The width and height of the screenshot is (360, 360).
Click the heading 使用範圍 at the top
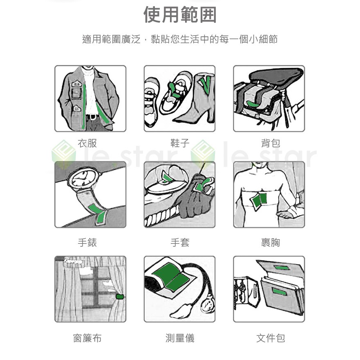[x=180, y=15]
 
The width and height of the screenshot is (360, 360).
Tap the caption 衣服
[x=87, y=143]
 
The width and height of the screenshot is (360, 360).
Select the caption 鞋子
[x=180, y=143]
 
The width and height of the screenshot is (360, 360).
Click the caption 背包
[x=271, y=143]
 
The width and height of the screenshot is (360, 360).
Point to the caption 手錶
[x=87, y=242]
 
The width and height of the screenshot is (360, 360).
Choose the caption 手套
[x=180, y=242]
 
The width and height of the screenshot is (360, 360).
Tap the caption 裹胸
[x=271, y=242]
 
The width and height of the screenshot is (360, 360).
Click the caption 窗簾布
[x=87, y=338]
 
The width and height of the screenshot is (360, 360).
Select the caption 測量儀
[x=180, y=338]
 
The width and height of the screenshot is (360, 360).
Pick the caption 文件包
[x=271, y=338]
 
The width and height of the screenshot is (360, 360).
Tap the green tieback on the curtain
[x=120, y=296]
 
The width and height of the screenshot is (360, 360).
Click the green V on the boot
[x=205, y=85]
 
